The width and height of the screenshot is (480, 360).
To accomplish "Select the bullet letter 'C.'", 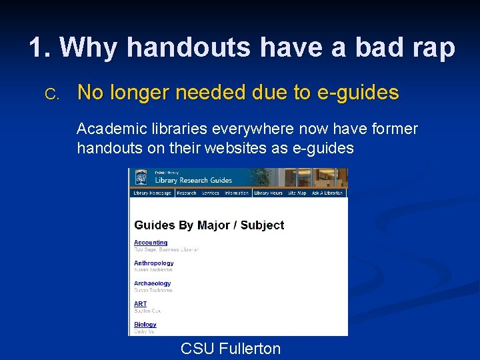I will coord(52,94).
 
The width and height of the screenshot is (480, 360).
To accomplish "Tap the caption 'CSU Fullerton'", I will coord(231,348).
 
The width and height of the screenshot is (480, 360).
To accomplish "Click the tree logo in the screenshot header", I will coord(141,178).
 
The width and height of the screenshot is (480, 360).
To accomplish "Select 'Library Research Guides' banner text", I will coord(193,180).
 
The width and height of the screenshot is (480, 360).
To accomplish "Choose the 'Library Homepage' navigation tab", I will coord(152,193).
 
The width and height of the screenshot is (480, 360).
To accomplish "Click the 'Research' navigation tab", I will coord(187,193).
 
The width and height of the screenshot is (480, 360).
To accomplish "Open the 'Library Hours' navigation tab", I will coord(268,193).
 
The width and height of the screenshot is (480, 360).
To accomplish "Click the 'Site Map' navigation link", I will coord(297,193).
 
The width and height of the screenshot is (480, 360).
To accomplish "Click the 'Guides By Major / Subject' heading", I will coord(209,225).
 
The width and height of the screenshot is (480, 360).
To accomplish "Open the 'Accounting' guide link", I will coord(151,243).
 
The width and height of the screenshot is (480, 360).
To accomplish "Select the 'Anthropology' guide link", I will coord(153,263).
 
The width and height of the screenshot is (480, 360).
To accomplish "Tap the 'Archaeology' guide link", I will coord(152,283).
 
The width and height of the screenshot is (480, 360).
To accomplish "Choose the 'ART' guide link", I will coord(140,304).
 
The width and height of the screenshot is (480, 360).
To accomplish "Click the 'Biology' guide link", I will coord(145,325).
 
